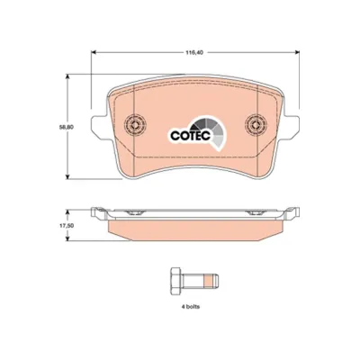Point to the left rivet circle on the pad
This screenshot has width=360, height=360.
coord(135,124)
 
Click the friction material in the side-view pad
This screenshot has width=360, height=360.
coord(193,231)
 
